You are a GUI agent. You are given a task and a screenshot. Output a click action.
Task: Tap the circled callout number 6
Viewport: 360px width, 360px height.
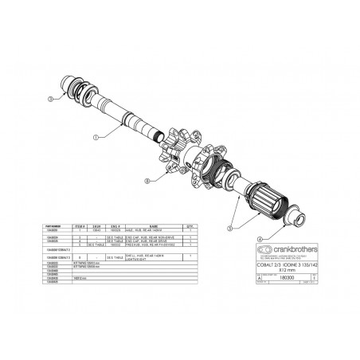pyautogui.click(x=146, y=182)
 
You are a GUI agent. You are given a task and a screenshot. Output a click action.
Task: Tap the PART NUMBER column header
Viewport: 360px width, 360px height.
pyautogui.click(x=57, y=227)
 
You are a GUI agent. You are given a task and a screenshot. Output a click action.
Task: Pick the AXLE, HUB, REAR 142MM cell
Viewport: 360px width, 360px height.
pyautogui.click(x=155, y=231)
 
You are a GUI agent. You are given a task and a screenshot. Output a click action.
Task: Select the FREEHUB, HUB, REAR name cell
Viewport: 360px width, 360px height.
pyautogui.click(x=155, y=245)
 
